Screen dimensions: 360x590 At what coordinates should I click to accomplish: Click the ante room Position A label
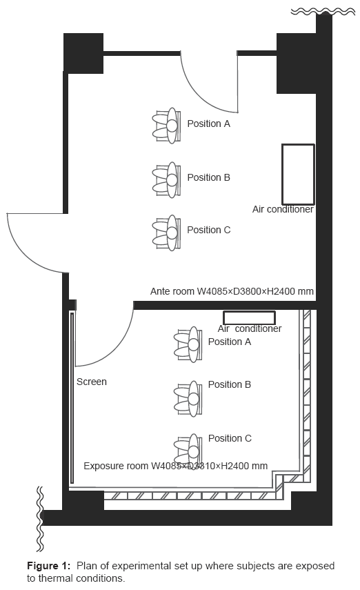[208, 124]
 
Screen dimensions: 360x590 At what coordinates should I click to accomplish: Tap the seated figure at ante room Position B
[166, 180]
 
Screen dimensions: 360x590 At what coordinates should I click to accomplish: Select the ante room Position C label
[208, 230]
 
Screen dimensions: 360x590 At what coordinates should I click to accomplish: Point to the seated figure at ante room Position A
[166, 126]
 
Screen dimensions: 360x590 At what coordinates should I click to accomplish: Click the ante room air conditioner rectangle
[298, 174]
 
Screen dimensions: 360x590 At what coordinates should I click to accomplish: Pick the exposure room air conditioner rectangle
[249, 318]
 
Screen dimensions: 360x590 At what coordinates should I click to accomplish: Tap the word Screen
[92, 382]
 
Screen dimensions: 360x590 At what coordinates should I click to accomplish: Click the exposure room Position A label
[230, 342]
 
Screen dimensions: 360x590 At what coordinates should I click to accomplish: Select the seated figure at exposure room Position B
[188, 398]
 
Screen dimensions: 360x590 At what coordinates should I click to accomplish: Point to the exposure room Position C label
[230, 438]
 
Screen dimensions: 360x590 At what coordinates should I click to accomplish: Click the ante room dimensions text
[232, 291]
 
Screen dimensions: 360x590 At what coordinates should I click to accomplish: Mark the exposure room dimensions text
[175, 466]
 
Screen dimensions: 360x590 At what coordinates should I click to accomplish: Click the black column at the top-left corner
[83, 53]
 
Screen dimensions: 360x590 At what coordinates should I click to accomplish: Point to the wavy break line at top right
[323, 12]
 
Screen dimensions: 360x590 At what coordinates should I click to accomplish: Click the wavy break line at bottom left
[40, 518]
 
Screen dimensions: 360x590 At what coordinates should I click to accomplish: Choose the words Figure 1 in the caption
[48, 566]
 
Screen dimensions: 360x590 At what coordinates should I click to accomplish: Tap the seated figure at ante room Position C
[166, 233]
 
